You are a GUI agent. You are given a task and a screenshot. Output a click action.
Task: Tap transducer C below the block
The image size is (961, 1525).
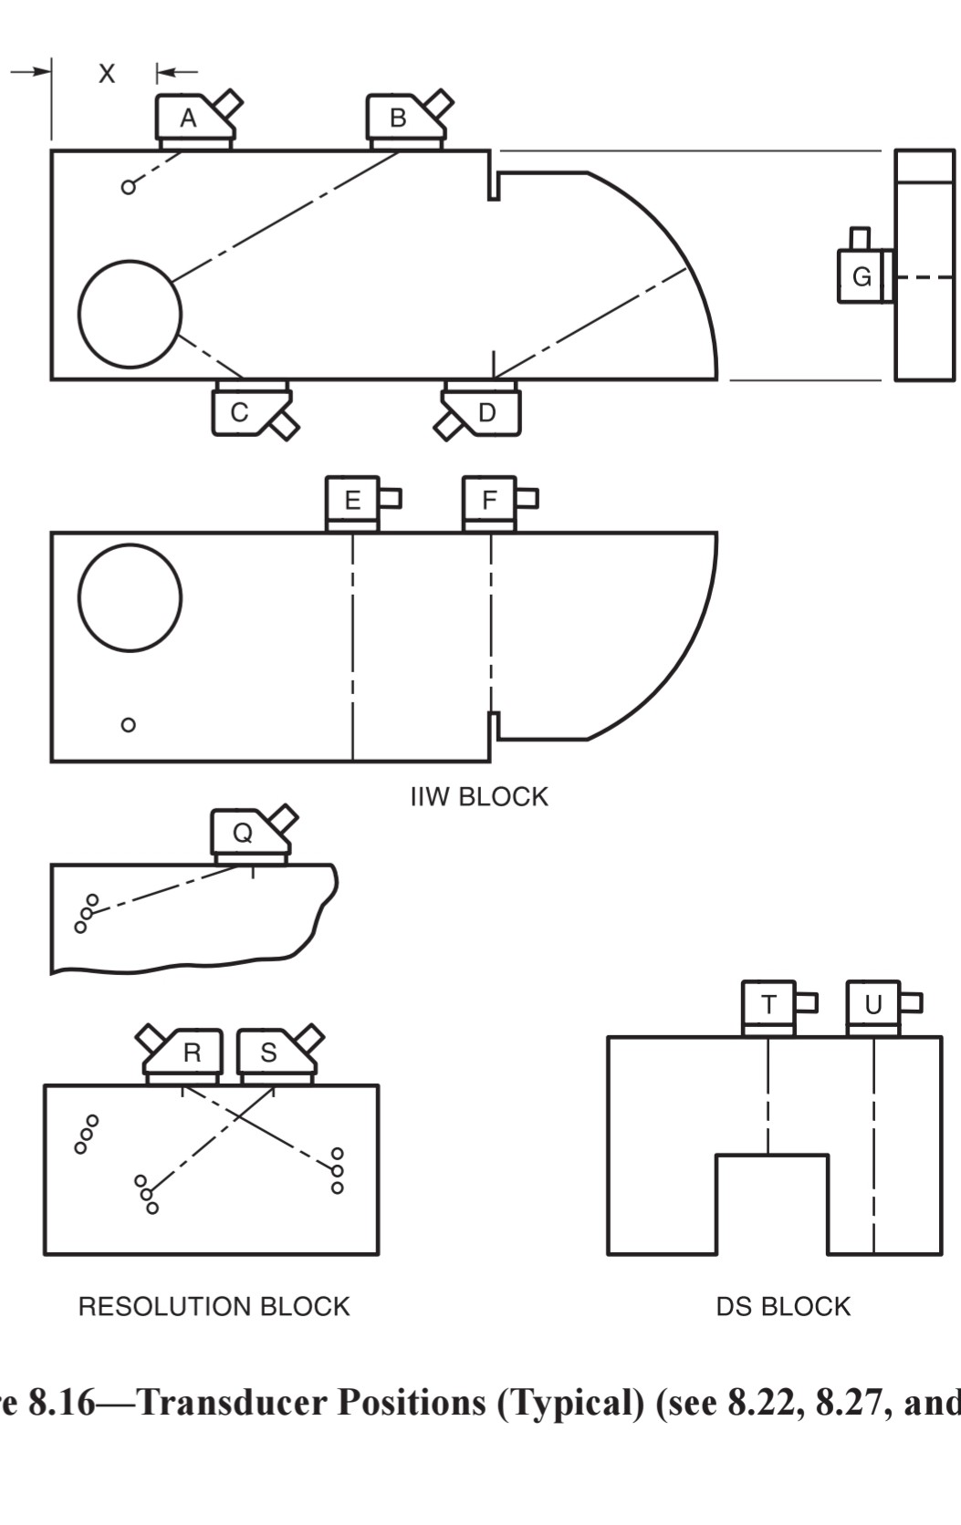[x=240, y=412]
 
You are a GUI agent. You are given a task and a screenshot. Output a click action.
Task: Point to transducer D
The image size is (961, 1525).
[x=487, y=412]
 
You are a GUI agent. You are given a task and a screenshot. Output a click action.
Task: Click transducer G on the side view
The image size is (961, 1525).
[x=861, y=276]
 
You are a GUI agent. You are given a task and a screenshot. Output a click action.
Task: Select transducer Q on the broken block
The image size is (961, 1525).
[x=243, y=833]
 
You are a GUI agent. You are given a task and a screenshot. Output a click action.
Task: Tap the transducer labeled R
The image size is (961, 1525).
[x=192, y=1053]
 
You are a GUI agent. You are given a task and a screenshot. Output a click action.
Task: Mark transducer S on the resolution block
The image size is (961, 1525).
[x=268, y=1053]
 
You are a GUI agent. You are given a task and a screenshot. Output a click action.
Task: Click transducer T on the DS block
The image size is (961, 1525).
[x=768, y=1005]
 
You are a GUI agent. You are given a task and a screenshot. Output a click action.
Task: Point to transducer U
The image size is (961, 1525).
[x=873, y=1005]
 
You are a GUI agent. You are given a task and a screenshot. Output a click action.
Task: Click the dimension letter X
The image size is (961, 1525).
[x=107, y=74]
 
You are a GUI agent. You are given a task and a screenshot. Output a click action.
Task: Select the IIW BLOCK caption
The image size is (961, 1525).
[x=479, y=796]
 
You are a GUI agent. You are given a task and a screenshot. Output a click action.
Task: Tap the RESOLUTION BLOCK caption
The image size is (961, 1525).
[x=214, y=1306]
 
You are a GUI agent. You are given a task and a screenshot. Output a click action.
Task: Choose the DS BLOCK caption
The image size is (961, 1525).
[x=782, y=1306]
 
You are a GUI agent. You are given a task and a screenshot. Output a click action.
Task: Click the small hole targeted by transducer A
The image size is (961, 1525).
[x=129, y=187]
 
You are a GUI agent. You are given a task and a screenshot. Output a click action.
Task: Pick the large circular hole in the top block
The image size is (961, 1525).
[x=130, y=314]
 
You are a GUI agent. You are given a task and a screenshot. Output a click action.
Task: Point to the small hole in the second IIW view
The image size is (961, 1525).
[x=129, y=725]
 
